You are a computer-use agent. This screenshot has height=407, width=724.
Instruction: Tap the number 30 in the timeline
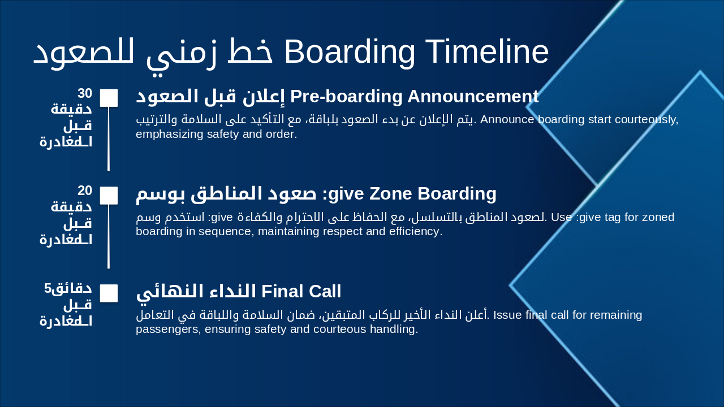click(x=85, y=93)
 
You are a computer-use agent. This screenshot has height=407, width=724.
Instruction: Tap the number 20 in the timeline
click(x=85, y=190)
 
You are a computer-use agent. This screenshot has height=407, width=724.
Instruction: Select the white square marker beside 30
click(x=109, y=97)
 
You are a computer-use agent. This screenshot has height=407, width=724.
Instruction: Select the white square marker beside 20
click(x=109, y=195)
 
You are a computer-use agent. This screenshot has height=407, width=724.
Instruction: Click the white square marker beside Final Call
click(x=109, y=293)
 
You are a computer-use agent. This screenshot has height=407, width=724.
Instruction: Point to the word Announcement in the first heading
click(x=472, y=96)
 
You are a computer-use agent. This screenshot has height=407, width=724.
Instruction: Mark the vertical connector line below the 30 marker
click(x=109, y=138)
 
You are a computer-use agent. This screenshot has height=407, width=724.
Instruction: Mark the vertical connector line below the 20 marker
click(x=109, y=236)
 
